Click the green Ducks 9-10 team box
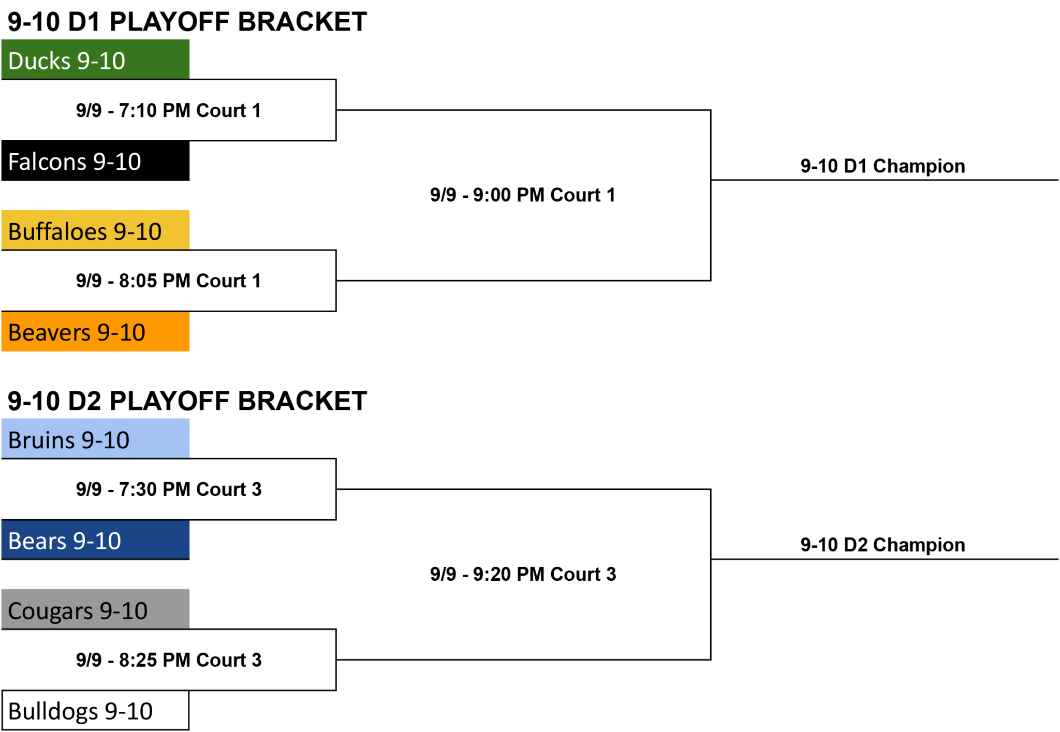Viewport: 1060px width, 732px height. (95, 60)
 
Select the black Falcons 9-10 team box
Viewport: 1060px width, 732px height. (95, 161)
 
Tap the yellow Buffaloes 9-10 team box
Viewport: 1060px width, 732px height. (95, 230)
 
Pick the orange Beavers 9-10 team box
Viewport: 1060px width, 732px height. (95, 331)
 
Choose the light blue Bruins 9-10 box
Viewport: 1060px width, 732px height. (95, 438)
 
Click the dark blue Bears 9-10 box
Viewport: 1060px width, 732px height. (95, 540)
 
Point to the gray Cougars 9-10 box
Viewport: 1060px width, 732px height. (95, 609)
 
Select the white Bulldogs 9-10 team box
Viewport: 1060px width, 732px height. (95, 710)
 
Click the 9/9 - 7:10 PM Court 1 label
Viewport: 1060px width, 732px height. (169, 110)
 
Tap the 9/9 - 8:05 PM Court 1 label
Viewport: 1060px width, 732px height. (169, 281)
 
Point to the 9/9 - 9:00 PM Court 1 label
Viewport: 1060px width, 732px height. (523, 195)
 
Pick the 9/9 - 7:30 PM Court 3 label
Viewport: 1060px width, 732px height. (169, 489)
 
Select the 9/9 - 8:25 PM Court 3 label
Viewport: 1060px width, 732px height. (169, 660)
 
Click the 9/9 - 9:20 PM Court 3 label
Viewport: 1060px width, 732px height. (523, 574)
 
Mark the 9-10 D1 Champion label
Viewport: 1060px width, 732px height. (882, 166)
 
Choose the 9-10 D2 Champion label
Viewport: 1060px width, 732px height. (882, 545)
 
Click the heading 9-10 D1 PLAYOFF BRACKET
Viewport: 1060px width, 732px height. (187, 22)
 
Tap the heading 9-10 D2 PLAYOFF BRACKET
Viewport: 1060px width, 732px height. (187, 401)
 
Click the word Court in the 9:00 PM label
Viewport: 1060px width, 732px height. (575, 195)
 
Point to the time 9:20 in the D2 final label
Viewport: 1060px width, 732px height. (492, 574)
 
